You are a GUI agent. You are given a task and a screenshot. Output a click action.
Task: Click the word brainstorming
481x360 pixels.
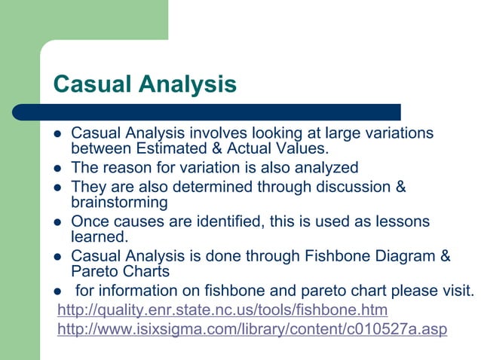(x=119, y=203)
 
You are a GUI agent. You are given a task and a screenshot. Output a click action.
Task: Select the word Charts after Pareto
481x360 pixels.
(x=146, y=271)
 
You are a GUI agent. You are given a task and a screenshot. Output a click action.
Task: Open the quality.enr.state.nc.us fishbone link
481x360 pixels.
(x=222, y=310)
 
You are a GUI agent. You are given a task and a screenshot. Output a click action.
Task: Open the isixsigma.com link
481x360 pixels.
(x=252, y=330)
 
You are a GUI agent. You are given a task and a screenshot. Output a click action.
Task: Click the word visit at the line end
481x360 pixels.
(x=457, y=291)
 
